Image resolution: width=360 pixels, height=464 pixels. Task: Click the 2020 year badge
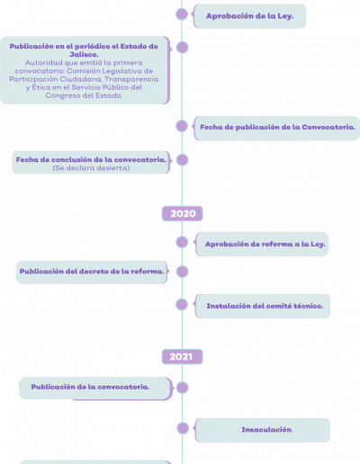pyautogui.click(x=183, y=213)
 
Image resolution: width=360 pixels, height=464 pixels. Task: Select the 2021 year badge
pyautogui.click(x=183, y=357)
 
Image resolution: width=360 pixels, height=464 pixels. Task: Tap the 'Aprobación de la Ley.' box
pyautogui.click(x=250, y=16)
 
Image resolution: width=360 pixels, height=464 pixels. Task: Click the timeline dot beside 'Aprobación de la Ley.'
pyautogui.click(x=182, y=14)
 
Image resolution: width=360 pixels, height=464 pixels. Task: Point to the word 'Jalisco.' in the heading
pyautogui.click(x=84, y=55)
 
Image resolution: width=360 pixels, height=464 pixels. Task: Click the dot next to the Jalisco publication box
pyautogui.click(x=182, y=48)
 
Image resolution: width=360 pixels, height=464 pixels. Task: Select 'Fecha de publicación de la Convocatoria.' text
pyautogui.click(x=278, y=127)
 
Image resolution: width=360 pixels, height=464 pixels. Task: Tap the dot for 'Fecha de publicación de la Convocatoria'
pyautogui.click(x=182, y=126)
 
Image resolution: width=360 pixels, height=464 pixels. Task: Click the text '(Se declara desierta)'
pyautogui.click(x=91, y=168)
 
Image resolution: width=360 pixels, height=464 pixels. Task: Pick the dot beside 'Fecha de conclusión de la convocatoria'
pyautogui.click(x=182, y=160)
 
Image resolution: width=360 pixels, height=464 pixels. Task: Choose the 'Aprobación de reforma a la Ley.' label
pyautogui.click(x=265, y=244)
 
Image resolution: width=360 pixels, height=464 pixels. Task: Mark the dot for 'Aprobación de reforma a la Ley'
pyautogui.click(x=182, y=242)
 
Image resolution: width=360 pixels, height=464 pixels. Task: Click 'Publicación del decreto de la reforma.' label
pyautogui.click(x=92, y=272)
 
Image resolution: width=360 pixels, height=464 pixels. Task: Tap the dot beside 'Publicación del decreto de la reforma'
pyautogui.click(x=182, y=272)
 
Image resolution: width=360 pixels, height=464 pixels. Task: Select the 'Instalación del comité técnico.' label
pyautogui.click(x=265, y=306)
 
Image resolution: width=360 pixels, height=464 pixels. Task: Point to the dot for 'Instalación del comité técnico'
pyautogui.click(x=182, y=305)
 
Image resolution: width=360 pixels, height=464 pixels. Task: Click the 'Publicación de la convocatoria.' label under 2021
pyautogui.click(x=90, y=387)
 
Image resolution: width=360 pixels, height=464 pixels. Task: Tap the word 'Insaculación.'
pyautogui.click(x=267, y=430)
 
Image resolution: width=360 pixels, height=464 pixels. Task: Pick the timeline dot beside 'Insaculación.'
pyautogui.click(x=183, y=428)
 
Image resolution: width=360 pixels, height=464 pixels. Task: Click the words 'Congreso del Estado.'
pyautogui.click(x=84, y=95)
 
